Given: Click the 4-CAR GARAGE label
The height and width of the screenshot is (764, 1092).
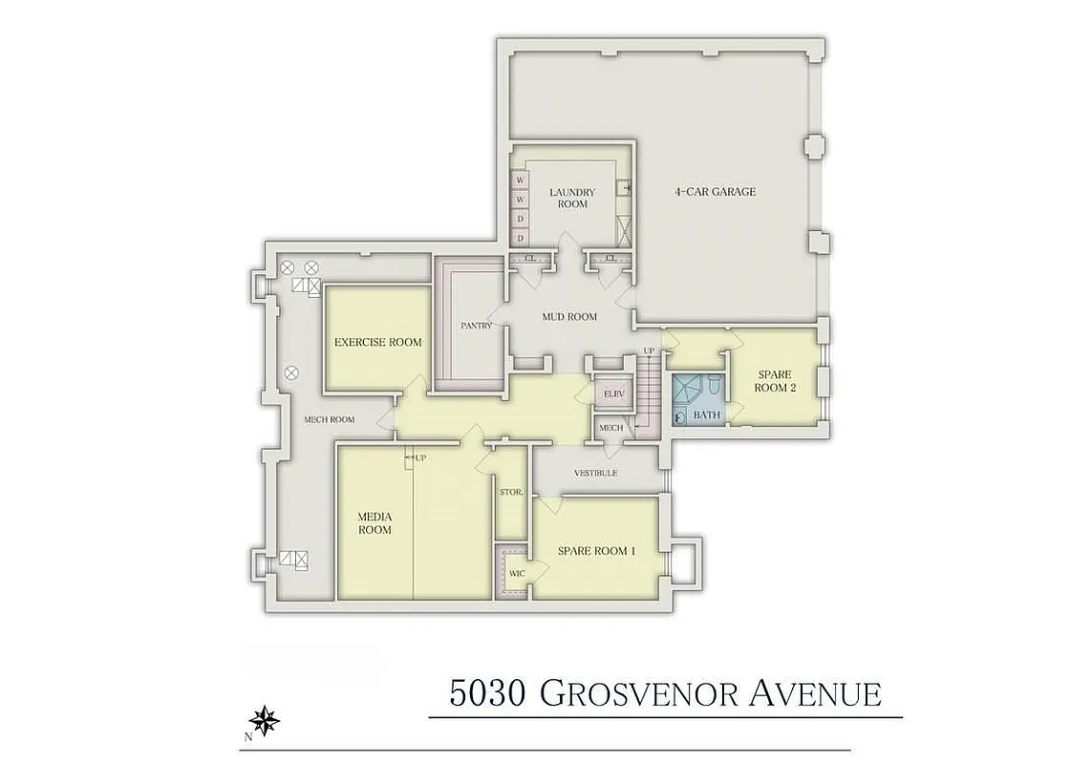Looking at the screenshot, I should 715,192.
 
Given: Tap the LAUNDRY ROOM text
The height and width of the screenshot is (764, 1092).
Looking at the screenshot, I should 571,198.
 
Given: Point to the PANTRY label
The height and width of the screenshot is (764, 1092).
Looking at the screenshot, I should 476,326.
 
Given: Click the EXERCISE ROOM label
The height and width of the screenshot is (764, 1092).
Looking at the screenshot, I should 377,342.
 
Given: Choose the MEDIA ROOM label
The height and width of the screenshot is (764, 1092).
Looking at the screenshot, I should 375,523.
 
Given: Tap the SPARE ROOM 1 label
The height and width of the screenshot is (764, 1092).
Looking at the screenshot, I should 593,551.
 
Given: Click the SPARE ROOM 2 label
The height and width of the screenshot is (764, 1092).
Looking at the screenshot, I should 775,381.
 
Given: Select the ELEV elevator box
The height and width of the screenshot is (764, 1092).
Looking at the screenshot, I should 613,393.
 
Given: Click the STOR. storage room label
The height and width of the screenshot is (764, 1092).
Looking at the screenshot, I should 510,492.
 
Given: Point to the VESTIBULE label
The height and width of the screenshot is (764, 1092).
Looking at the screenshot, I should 595,474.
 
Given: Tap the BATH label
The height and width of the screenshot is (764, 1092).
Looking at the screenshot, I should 706,415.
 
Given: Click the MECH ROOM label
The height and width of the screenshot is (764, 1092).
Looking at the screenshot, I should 329,419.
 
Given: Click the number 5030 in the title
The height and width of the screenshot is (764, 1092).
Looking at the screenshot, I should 486,692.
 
